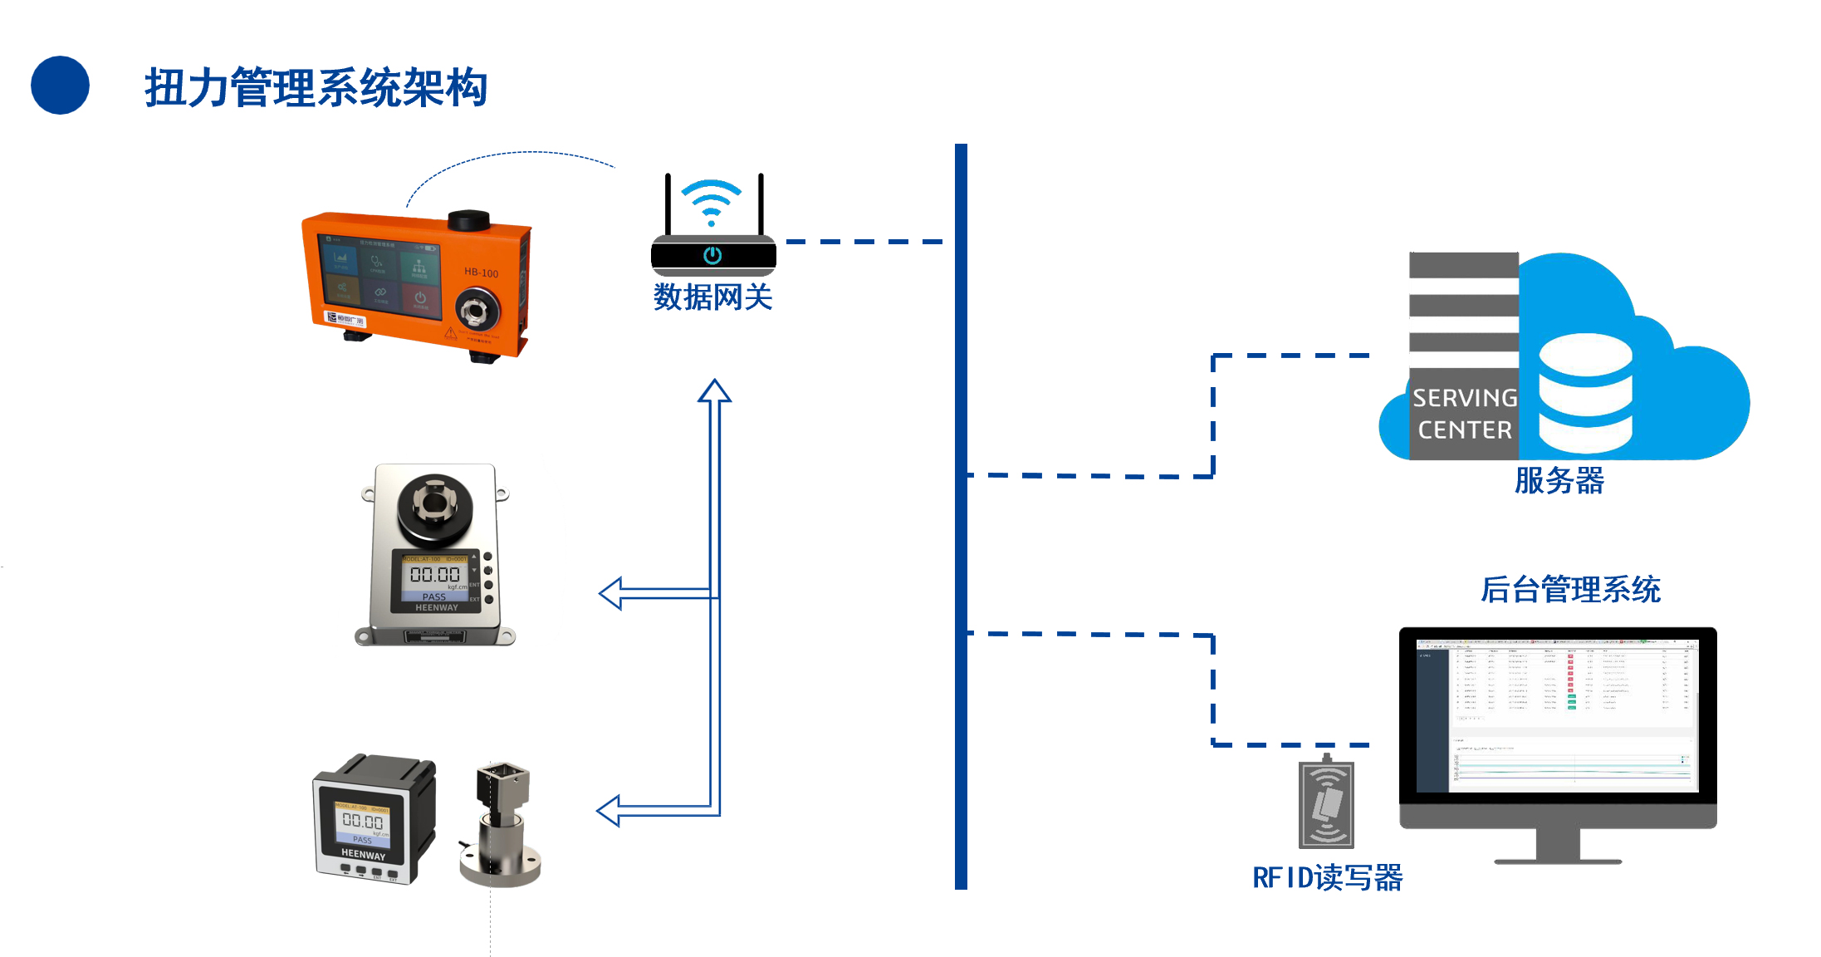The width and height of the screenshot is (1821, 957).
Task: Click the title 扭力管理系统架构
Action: point(316,88)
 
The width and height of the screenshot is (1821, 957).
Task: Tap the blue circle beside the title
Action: point(60,85)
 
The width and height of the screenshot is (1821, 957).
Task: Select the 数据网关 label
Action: point(712,297)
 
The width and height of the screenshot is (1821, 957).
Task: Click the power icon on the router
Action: point(712,255)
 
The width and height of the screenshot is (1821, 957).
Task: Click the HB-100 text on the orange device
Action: point(481,272)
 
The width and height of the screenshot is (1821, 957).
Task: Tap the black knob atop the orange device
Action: point(468,220)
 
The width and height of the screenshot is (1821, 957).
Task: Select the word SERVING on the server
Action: point(1465,399)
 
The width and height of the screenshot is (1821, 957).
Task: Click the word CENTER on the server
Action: point(1465,430)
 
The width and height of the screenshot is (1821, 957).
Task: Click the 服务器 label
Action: point(1559,481)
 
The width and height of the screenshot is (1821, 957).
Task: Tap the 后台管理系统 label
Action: point(1570,590)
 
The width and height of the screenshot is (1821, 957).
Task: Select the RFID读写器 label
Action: point(1327,878)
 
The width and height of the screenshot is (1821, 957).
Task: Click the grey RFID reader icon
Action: point(1326,804)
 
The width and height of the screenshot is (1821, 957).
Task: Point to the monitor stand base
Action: point(1557,860)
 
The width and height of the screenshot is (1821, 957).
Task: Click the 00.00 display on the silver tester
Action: point(434,574)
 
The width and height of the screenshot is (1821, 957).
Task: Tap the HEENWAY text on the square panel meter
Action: point(363,854)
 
